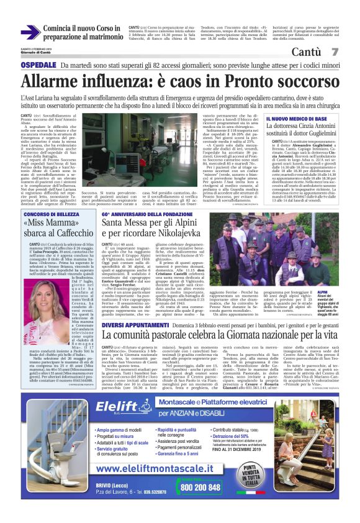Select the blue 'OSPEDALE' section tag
pyautogui.click(x=41, y=65)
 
